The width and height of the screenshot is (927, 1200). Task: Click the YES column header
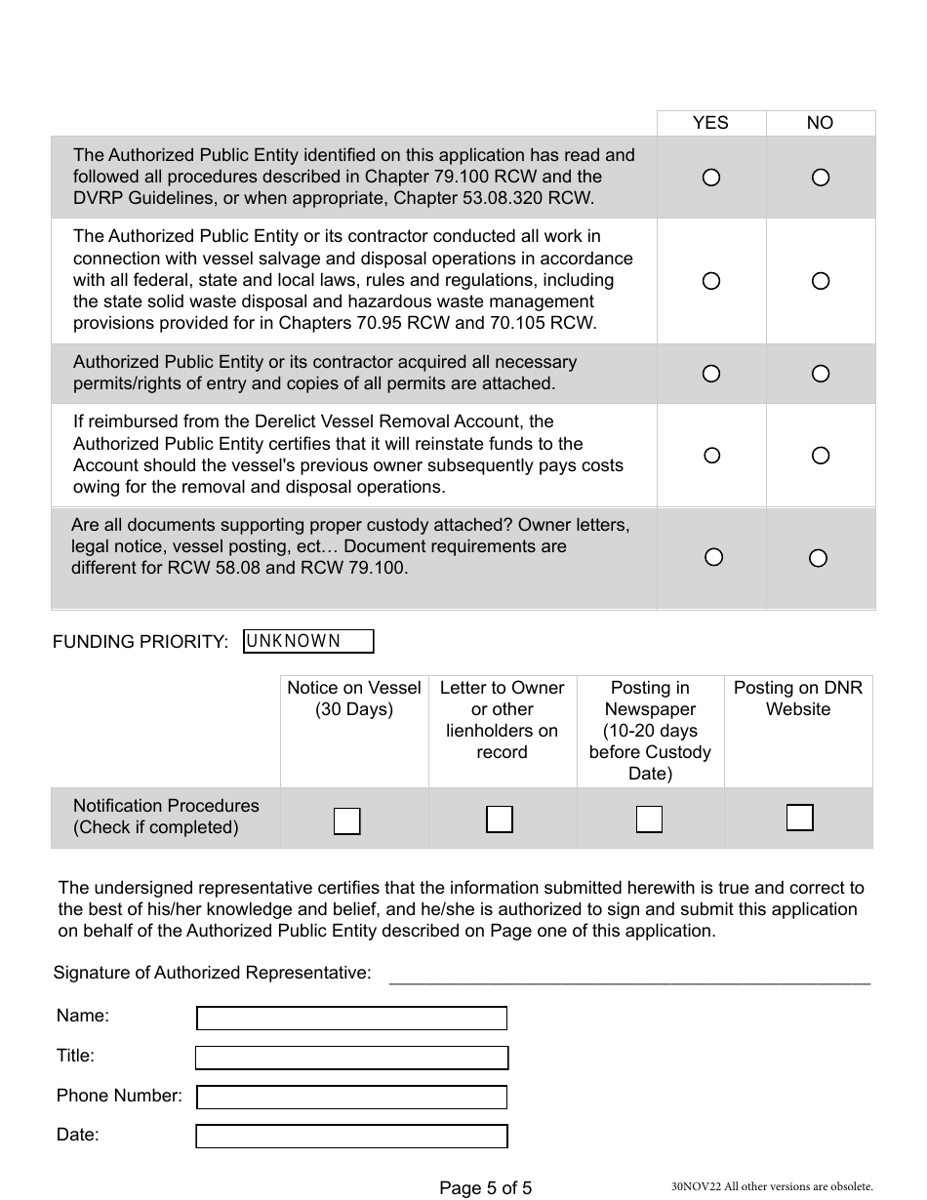click(710, 123)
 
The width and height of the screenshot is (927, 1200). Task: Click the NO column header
click(820, 123)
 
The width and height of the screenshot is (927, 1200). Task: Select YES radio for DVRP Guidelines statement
click(711, 178)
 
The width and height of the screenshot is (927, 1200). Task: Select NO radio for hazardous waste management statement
click(821, 281)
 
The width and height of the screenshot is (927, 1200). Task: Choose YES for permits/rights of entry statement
click(711, 374)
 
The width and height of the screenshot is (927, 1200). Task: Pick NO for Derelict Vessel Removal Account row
click(821, 456)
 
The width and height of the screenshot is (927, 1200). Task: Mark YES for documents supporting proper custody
click(713, 557)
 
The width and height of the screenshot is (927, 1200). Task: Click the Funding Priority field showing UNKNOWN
click(308, 641)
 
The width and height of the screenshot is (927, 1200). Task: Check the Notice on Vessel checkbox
click(347, 821)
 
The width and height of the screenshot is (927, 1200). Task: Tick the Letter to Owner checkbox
click(500, 820)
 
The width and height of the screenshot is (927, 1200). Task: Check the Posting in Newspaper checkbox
click(649, 820)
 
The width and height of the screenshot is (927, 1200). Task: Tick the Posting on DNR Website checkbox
click(799, 818)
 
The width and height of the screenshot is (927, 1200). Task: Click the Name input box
click(351, 1019)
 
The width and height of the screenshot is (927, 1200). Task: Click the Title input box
click(351, 1058)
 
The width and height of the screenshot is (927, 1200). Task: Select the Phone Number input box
click(351, 1098)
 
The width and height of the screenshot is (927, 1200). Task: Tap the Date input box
click(351, 1137)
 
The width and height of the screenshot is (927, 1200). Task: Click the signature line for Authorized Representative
click(629, 977)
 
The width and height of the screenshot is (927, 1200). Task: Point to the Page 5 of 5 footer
click(485, 1187)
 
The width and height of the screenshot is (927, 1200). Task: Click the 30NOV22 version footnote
click(771, 1187)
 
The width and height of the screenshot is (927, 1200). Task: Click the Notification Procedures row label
click(166, 817)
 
